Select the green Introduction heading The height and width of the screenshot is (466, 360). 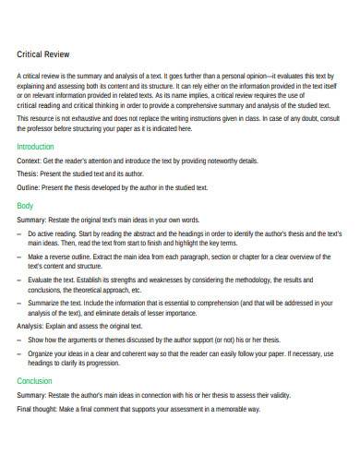point(36,146)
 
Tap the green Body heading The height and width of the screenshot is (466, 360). point(25,205)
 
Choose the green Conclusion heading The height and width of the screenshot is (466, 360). point(34,379)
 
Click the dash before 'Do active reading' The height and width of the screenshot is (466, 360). point(19,234)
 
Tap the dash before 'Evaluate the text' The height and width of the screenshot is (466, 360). point(19,279)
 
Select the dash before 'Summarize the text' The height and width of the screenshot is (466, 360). point(19,302)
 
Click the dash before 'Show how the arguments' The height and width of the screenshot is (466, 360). point(19,341)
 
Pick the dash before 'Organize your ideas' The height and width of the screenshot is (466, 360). point(19,353)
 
